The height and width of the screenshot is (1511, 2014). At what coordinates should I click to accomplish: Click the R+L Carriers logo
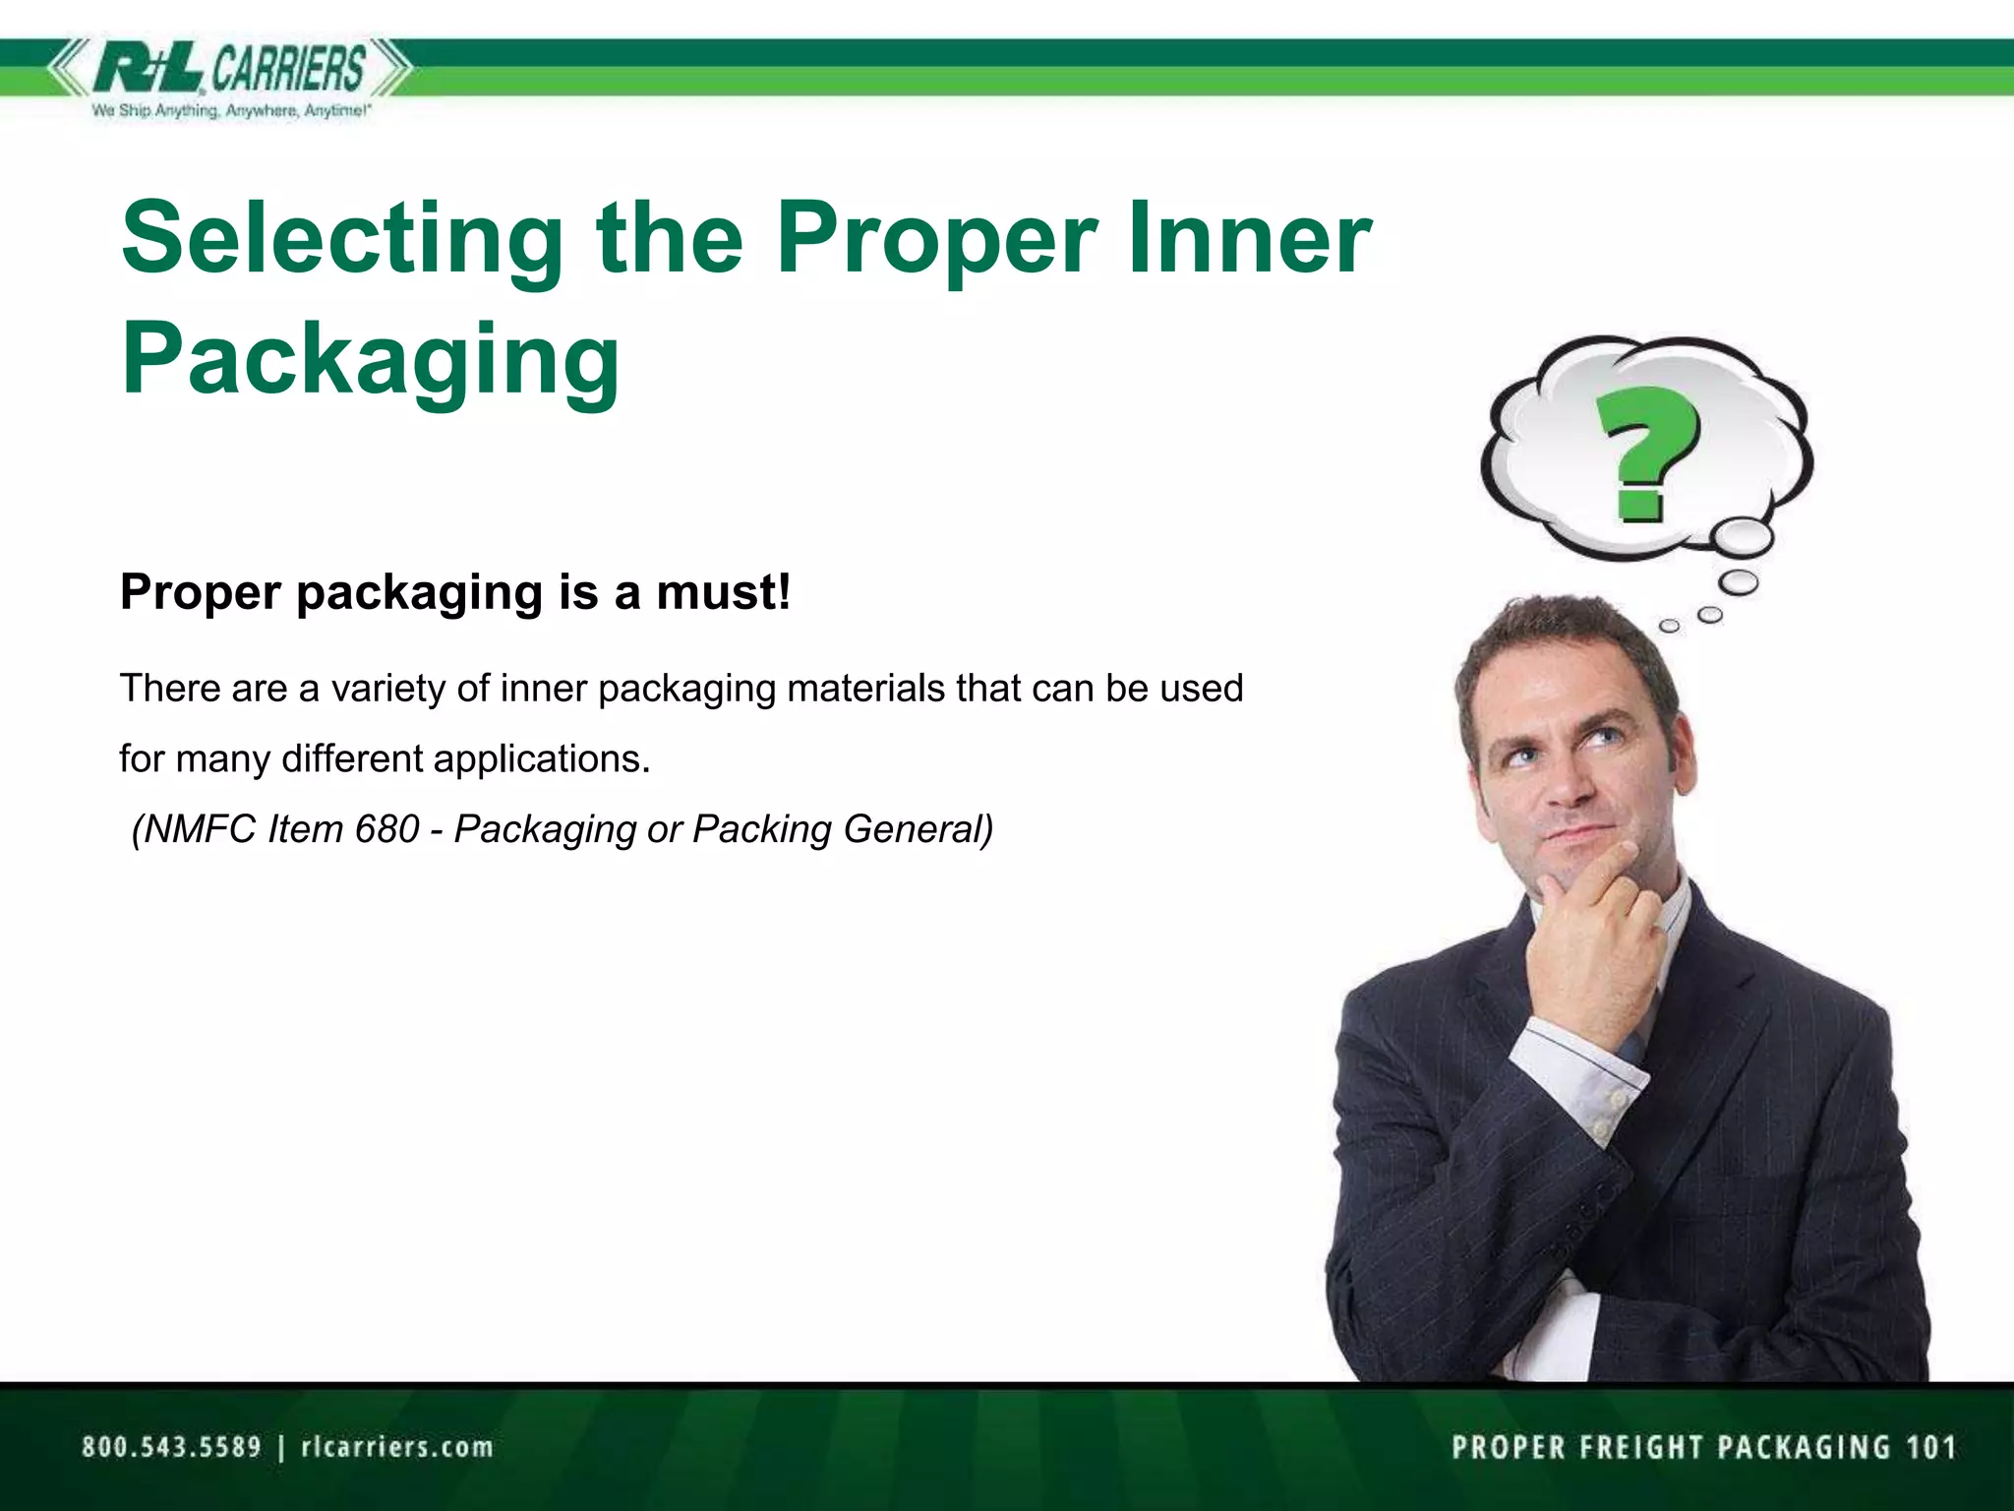pos(230,69)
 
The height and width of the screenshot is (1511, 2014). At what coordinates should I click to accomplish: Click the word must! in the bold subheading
pos(723,592)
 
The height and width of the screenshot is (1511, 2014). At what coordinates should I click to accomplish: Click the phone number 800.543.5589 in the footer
pos(171,1447)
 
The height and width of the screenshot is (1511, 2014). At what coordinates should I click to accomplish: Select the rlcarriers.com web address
pos(397,1447)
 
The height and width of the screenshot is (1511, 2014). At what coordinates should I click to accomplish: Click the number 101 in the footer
pos(1931,1447)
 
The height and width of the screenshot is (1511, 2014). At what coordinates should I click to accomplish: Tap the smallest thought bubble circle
pos(1669,626)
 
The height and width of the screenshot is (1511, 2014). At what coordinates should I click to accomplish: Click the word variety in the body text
pos(388,689)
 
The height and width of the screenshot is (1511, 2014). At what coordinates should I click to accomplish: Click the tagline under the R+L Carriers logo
pos(231,111)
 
